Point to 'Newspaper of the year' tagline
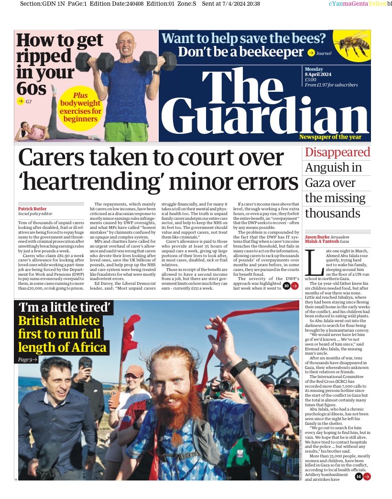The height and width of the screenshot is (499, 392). [x=334, y=138]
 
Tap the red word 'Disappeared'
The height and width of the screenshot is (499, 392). [x=338, y=152]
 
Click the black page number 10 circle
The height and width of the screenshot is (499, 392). [x=286, y=286]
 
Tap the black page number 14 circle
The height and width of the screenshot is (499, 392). [x=359, y=476]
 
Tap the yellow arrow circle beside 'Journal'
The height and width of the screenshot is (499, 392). [x=311, y=53]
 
